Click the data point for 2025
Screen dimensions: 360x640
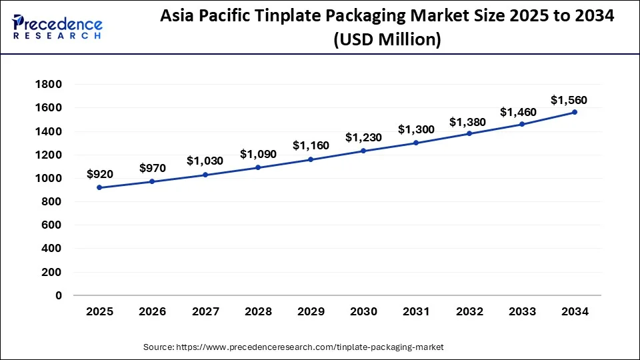coord(99,187)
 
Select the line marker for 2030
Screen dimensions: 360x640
coord(363,151)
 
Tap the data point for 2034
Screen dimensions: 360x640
coord(575,112)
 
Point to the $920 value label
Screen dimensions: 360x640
coord(100,174)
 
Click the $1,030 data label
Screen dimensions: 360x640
coord(205,161)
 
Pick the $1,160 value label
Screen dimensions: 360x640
coord(311,145)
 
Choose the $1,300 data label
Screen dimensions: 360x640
coord(416,129)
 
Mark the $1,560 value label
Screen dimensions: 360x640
coord(569,100)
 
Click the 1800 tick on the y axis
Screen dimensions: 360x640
coord(50,85)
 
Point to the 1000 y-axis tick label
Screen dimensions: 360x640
coord(50,178)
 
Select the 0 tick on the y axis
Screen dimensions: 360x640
coord(59,295)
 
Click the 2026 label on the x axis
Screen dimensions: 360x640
coord(152,311)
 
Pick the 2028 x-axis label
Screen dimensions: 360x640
coord(258,311)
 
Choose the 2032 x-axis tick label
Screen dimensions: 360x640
coord(469,311)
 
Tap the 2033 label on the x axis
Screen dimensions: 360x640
coord(522,311)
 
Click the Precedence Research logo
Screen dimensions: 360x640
coord(57,27)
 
